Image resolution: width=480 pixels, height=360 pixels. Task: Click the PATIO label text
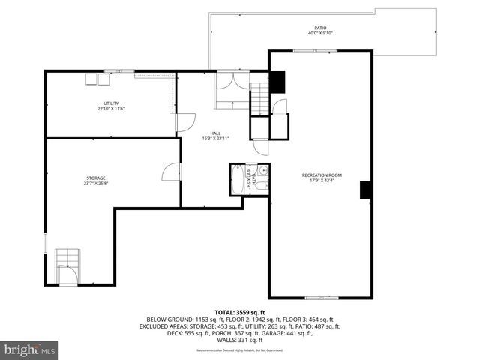tap(321, 27)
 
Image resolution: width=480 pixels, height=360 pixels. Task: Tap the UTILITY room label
tap(111, 103)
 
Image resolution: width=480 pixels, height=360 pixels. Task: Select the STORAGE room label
tap(95, 178)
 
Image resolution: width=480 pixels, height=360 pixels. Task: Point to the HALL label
tap(215, 133)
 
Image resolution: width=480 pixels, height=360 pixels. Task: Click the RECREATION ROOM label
tap(320, 175)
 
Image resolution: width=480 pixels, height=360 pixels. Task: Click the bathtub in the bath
tap(238, 180)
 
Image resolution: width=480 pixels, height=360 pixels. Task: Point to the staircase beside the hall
tap(259, 97)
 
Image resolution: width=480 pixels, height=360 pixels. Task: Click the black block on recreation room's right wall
tap(366, 190)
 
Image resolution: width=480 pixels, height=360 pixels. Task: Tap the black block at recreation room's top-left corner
tap(277, 80)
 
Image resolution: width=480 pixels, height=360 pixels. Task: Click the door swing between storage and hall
tap(171, 172)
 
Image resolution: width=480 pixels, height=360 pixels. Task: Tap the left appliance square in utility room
tap(91, 78)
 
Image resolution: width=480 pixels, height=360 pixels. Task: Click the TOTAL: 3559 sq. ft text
tap(240, 311)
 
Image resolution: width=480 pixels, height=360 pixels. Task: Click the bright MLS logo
tap(30, 349)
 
